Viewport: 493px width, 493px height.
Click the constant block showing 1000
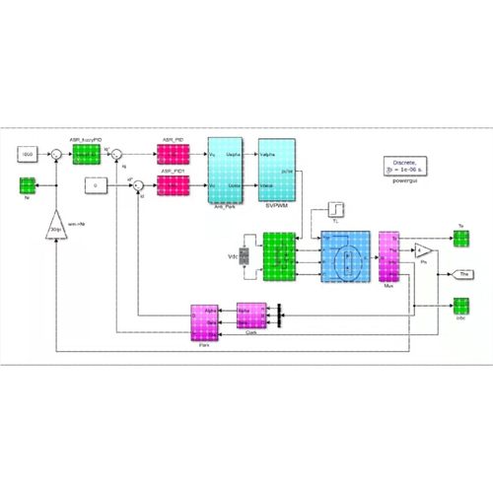tap(28, 155)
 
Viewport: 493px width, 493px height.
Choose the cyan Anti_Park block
tap(228, 169)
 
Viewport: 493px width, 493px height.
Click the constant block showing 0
tap(96, 184)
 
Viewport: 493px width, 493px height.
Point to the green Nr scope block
tap(28, 184)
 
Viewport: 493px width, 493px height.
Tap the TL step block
tap(336, 210)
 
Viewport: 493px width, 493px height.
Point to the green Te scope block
tap(460, 239)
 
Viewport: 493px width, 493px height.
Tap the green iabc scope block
tap(460, 306)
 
